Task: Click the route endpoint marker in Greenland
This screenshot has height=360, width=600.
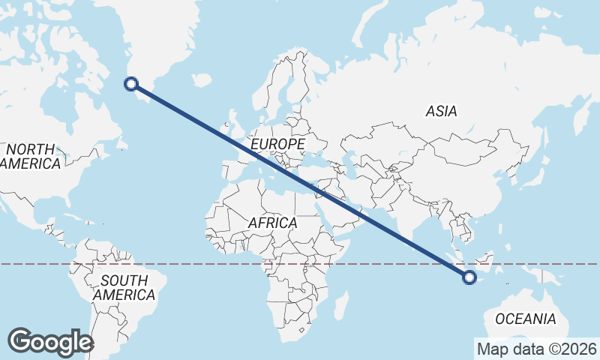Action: (131, 84)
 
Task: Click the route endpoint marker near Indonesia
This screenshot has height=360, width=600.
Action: (469, 277)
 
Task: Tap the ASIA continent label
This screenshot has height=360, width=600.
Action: (440, 111)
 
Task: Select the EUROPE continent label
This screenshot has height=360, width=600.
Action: (278, 143)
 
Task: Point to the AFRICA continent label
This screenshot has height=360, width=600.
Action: (272, 223)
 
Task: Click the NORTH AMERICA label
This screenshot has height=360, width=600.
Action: (30, 156)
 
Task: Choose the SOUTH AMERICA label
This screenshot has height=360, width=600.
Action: (124, 287)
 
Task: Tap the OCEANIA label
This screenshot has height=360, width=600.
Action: (525, 319)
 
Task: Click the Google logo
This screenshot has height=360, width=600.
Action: (50, 342)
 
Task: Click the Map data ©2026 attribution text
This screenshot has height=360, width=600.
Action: (536, 349)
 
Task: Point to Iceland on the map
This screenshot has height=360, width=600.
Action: (201, 79)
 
